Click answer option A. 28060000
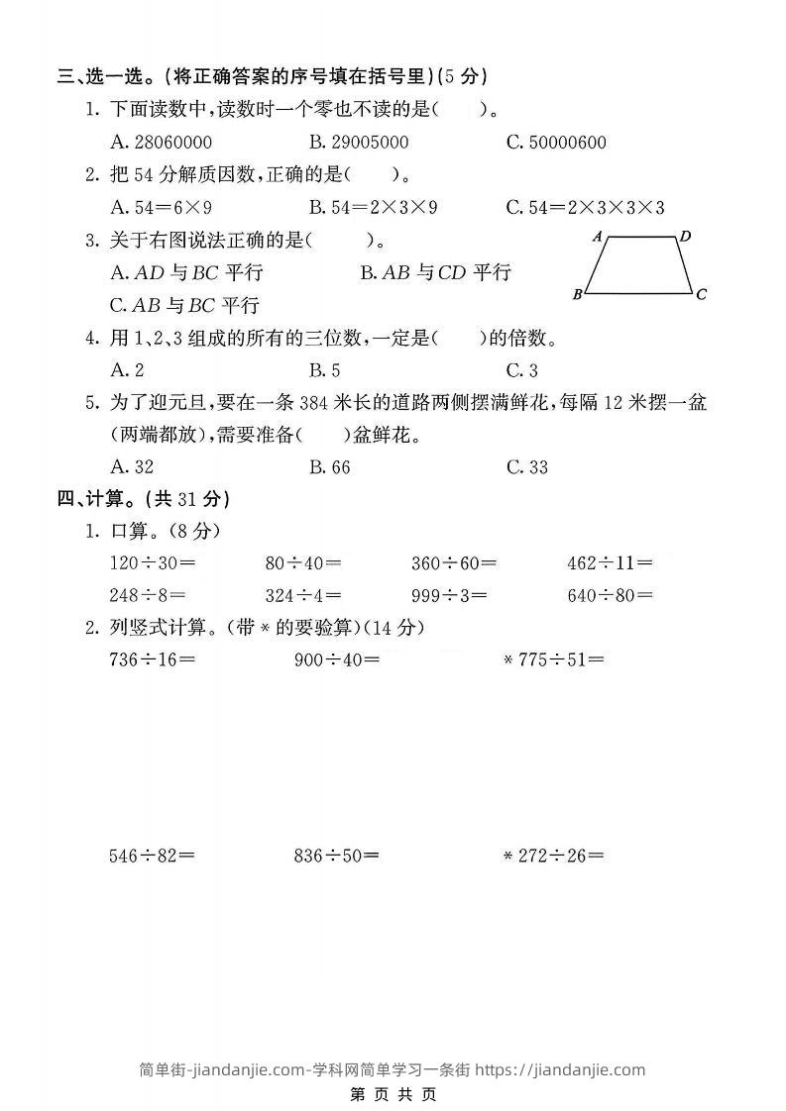pyautogui.click(x=160, y=143)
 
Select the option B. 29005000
pyautogui.click(x=358, y=143)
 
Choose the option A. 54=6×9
pyautogui.click(x=162, y=207)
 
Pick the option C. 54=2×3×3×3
pyautogui.click(x=585, y=207)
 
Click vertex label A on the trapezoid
pyautogui.click(x=598, y=237)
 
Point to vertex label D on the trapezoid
pyautogui.click(x=685, y=236)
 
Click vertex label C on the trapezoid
pyautogui.click(x=701, y=294)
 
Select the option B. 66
pyautogui.click(x=329, y=467)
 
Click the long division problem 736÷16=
pyautogui.click(x=153, y=659)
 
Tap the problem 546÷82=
pyautogui.click(x=153, y=856)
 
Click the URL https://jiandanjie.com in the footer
pyautogui.click(x=560, y=1069)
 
